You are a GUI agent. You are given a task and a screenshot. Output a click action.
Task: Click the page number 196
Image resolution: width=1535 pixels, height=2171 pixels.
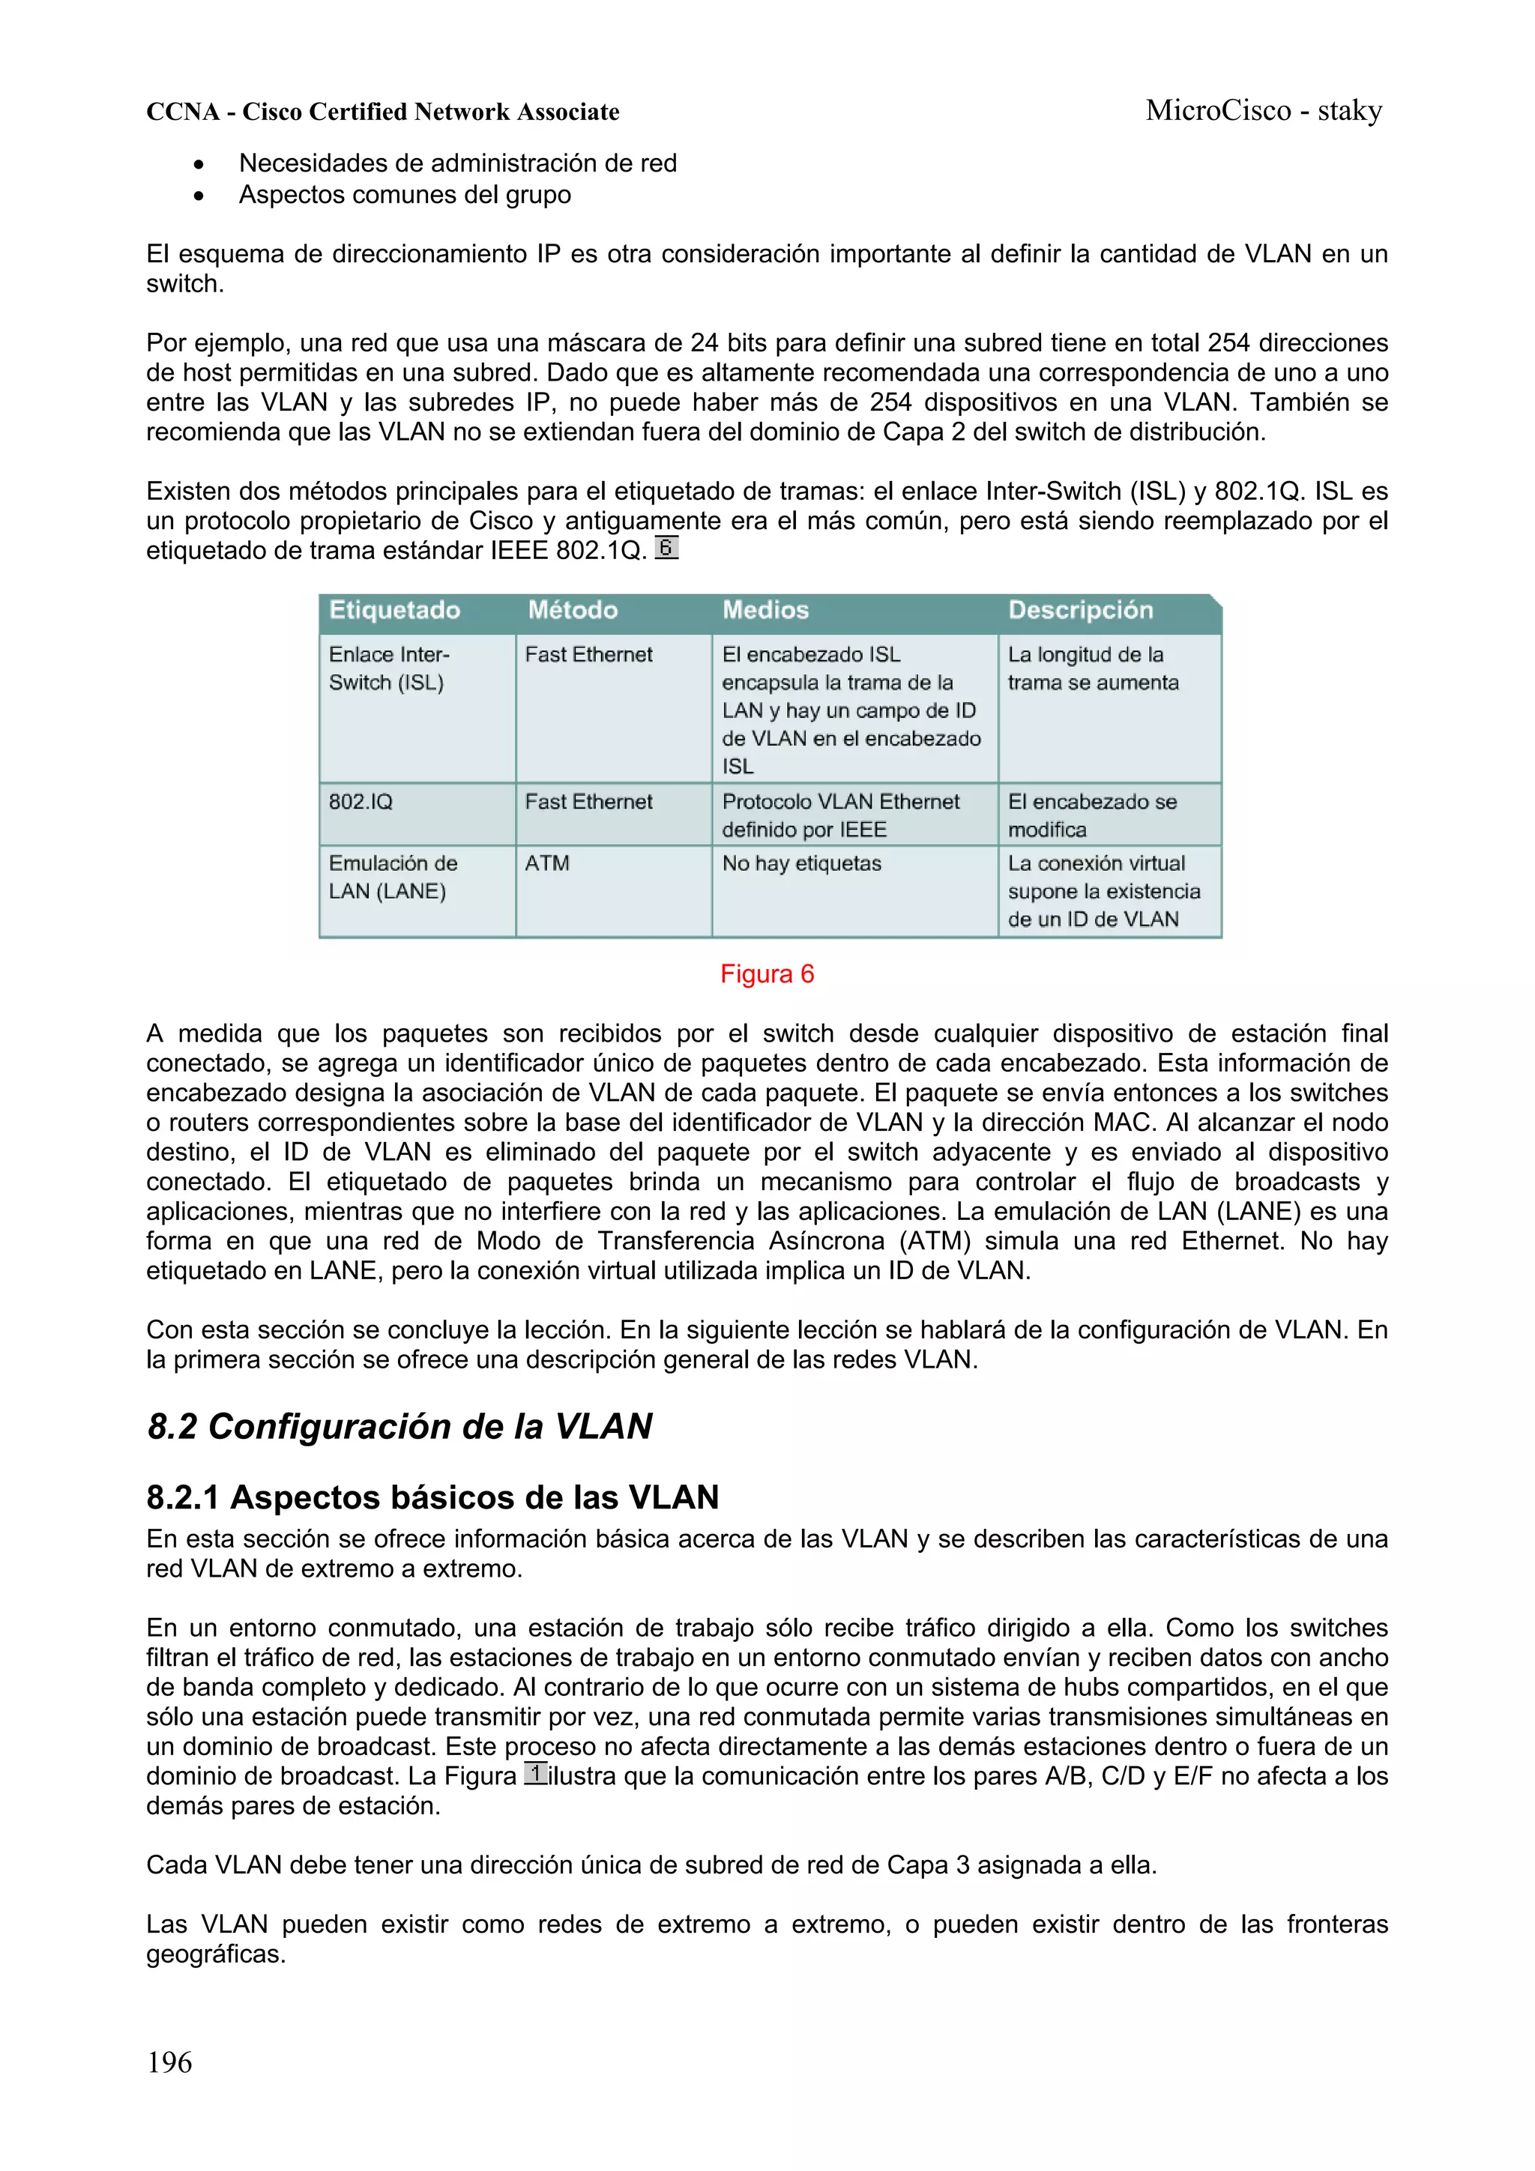[x=169, y=2062]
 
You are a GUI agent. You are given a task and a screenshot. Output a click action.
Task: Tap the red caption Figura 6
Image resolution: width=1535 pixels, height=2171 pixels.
[x=766, y=974]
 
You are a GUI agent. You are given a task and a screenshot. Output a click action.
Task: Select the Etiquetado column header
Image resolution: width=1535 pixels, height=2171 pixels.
[x=394, y=610]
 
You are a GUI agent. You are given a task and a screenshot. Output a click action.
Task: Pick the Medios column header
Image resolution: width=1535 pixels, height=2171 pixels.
[x=765, y=610]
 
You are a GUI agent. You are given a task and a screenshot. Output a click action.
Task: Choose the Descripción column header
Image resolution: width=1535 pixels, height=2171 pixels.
[x=1080, y=610]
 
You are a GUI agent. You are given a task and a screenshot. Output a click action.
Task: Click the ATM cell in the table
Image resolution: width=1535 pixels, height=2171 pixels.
[x=548, y=863]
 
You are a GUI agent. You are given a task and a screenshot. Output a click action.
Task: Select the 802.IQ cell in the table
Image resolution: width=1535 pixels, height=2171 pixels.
[x=361, y=802]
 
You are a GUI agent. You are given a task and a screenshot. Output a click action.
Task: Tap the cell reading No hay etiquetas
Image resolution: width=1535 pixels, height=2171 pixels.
[x=801, y=863]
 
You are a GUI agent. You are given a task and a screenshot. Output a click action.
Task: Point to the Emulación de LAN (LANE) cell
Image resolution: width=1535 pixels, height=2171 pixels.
[x=393, y=878]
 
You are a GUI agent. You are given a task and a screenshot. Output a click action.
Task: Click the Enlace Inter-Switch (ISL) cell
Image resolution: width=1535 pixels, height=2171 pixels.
[x=389, y=668]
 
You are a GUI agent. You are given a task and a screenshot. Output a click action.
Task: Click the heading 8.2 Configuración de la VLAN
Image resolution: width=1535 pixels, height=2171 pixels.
[x=399, y=1426]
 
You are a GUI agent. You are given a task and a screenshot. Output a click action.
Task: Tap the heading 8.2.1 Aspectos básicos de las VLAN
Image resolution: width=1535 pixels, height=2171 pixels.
[x=432, y=1497]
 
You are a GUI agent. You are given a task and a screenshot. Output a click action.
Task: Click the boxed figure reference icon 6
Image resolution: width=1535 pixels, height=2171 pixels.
[x=667, y=548]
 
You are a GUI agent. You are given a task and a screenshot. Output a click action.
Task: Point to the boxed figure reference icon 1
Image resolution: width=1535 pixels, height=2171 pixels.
[x=535, y=1773]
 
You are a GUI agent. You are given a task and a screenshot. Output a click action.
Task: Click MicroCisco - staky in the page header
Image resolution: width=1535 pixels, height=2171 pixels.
[x=1264, y=111]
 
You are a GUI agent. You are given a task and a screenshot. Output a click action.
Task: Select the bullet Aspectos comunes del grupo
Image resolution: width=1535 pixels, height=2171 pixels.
[x=405, y=195]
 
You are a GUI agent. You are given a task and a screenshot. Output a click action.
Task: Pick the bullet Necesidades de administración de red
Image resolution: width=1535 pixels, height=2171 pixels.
[x=458, y=163]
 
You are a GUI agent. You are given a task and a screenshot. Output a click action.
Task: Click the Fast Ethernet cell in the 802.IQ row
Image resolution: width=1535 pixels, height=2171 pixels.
[x=588, y=802]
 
